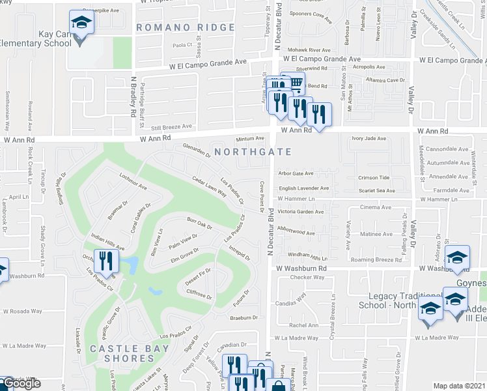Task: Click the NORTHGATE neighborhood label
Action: click(250, 151)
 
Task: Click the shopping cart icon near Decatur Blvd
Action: click(295, 83)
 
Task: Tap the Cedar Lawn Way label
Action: click(208, 186)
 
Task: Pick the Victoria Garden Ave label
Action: click(300, 212)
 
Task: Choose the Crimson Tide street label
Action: click(374, 178)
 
